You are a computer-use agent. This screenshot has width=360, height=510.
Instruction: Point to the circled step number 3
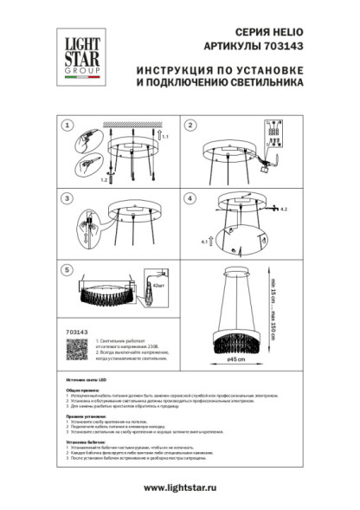tap(66, 198)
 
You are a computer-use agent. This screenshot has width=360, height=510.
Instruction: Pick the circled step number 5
tap(66, 270)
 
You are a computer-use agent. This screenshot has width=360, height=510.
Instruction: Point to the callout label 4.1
tap(203, 242)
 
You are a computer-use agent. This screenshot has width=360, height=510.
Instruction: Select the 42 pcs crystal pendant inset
tap(153, 296)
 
